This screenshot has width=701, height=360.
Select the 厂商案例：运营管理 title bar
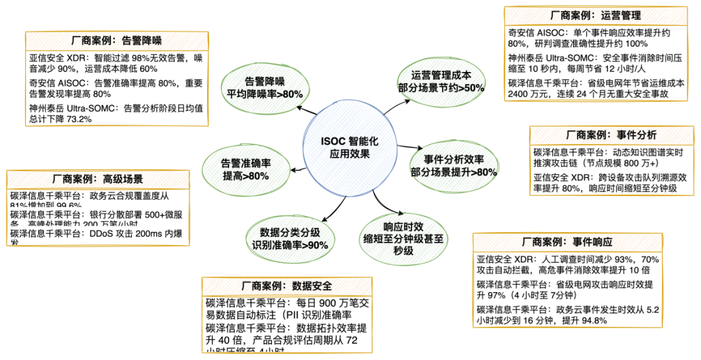tap(595, 16)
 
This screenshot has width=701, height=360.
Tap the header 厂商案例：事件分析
tap(611, 136)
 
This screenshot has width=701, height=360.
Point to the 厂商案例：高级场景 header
tap(98, 180)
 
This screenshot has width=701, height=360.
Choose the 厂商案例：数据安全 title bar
tap(287, 286)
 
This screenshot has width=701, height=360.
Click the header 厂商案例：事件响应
tap(567, 243)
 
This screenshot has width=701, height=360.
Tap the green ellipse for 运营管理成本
tap(441, 81)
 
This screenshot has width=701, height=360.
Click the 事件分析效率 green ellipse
tap(455, 166)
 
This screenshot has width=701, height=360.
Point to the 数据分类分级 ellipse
tap(290, 239)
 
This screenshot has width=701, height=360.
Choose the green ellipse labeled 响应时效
tap(403, 239)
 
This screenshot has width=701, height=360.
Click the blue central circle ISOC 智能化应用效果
tap(349, 147)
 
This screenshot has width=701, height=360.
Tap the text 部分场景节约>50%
tap(441, 88)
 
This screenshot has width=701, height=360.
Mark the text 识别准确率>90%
tap(290, 245)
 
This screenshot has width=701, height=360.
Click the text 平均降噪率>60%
tap(265, 95)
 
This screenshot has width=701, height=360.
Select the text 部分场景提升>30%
tap(454, 173)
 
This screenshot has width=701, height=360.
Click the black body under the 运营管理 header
tap(595, 63)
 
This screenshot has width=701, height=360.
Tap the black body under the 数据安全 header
tap(287, 324)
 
